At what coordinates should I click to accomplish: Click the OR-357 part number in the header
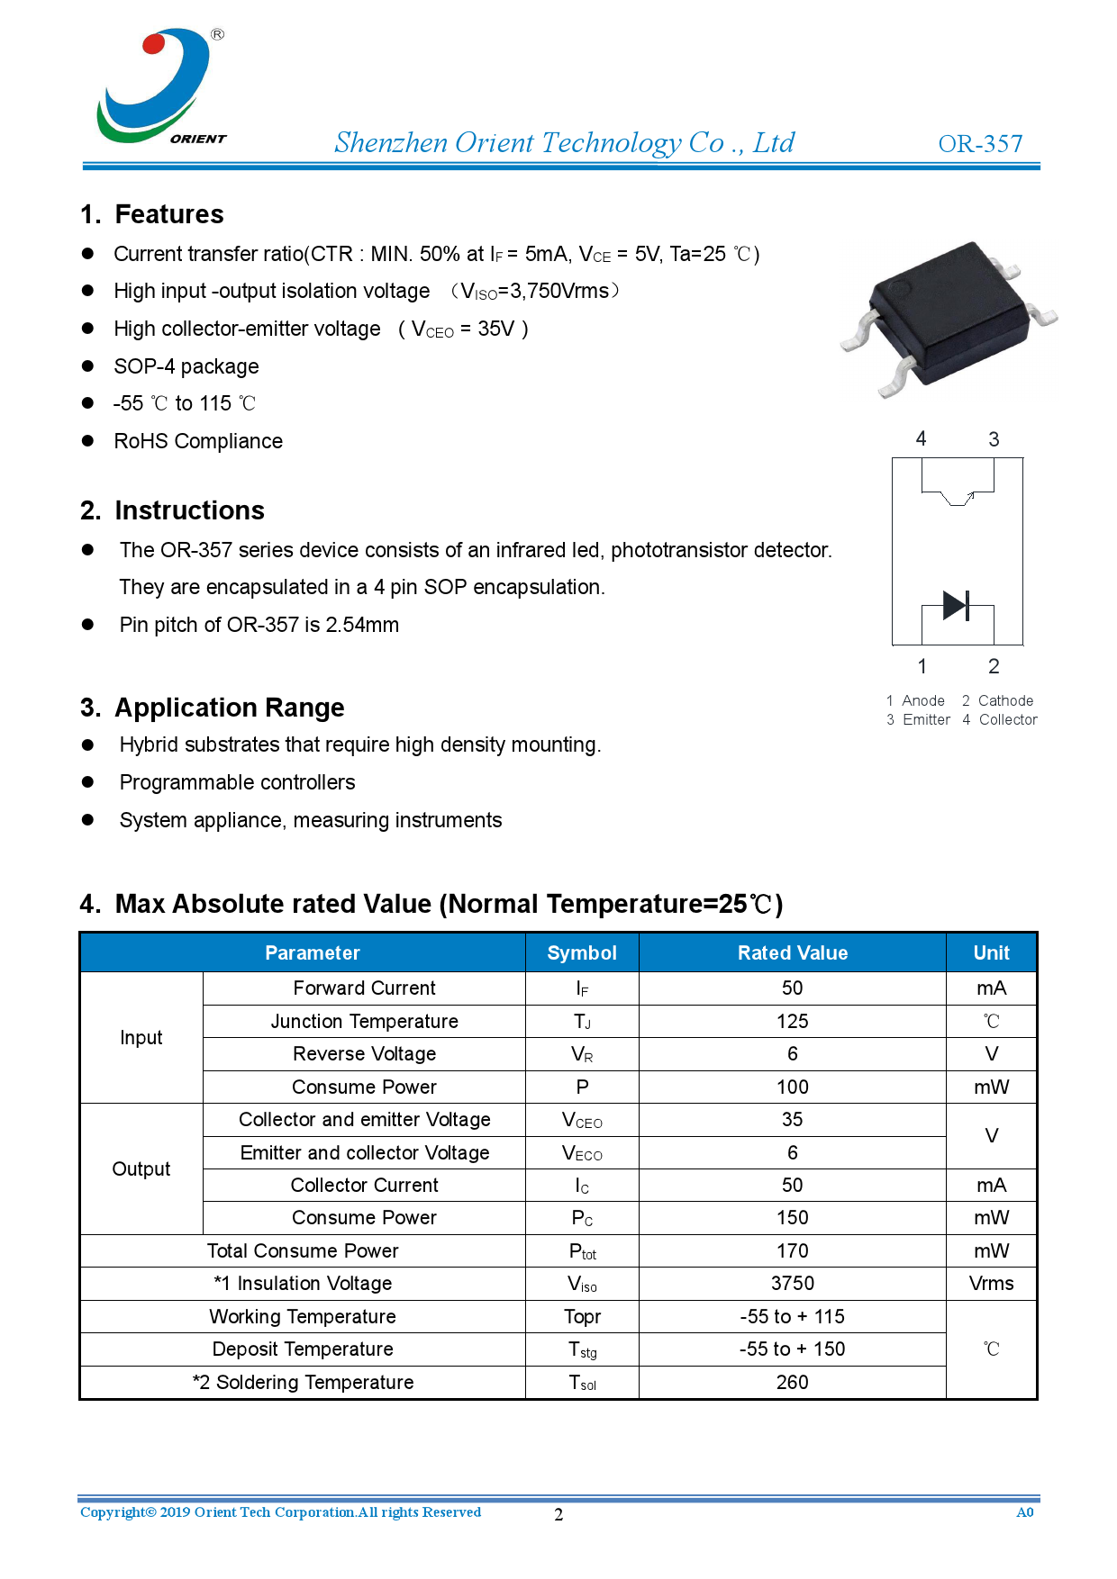click(980, 144)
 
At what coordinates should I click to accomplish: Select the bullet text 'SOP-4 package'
click(186, 366)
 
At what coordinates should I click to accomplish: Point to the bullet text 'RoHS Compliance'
click(198, 441)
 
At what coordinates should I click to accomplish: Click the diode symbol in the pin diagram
click(956, 605)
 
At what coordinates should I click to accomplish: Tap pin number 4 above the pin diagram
click(921, 438)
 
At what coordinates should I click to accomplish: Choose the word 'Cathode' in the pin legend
click(1005, 700)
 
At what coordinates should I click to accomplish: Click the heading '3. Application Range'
click(213, 708)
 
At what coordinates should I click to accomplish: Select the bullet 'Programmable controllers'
click(237, 782)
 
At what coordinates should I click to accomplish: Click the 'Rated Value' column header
click(792, 952)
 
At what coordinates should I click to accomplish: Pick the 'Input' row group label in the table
click(141, 1037)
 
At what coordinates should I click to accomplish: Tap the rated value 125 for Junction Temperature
click(792, 1021)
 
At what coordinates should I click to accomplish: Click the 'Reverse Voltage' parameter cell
click(364, 1053)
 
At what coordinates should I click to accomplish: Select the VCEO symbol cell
click(582, 1120)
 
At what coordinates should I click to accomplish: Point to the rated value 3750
click(792, 1283)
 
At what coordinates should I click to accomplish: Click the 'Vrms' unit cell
click(991, 1283)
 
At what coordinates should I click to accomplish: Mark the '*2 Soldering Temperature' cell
click(303, 1382)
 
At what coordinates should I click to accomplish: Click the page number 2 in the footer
click(558, 1514)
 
